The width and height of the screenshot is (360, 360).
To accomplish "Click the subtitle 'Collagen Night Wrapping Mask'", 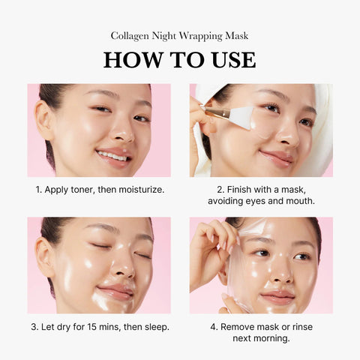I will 179,35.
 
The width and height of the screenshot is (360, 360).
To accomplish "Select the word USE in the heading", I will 229,59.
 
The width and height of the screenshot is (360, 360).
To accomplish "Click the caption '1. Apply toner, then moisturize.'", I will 99,189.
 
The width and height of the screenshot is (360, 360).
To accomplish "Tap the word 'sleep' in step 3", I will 154,326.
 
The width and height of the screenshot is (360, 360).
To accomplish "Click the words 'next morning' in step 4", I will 260,338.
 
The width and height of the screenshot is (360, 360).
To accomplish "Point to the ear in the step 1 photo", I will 44,118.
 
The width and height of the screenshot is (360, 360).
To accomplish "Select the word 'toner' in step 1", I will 85,189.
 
